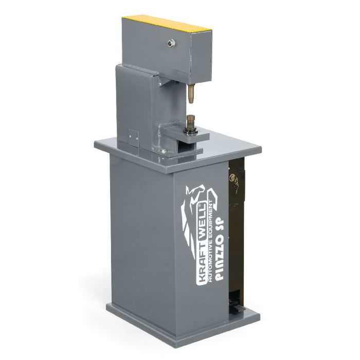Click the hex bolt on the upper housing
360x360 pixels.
click(171, 43)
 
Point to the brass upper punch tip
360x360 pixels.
click(191, 94)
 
